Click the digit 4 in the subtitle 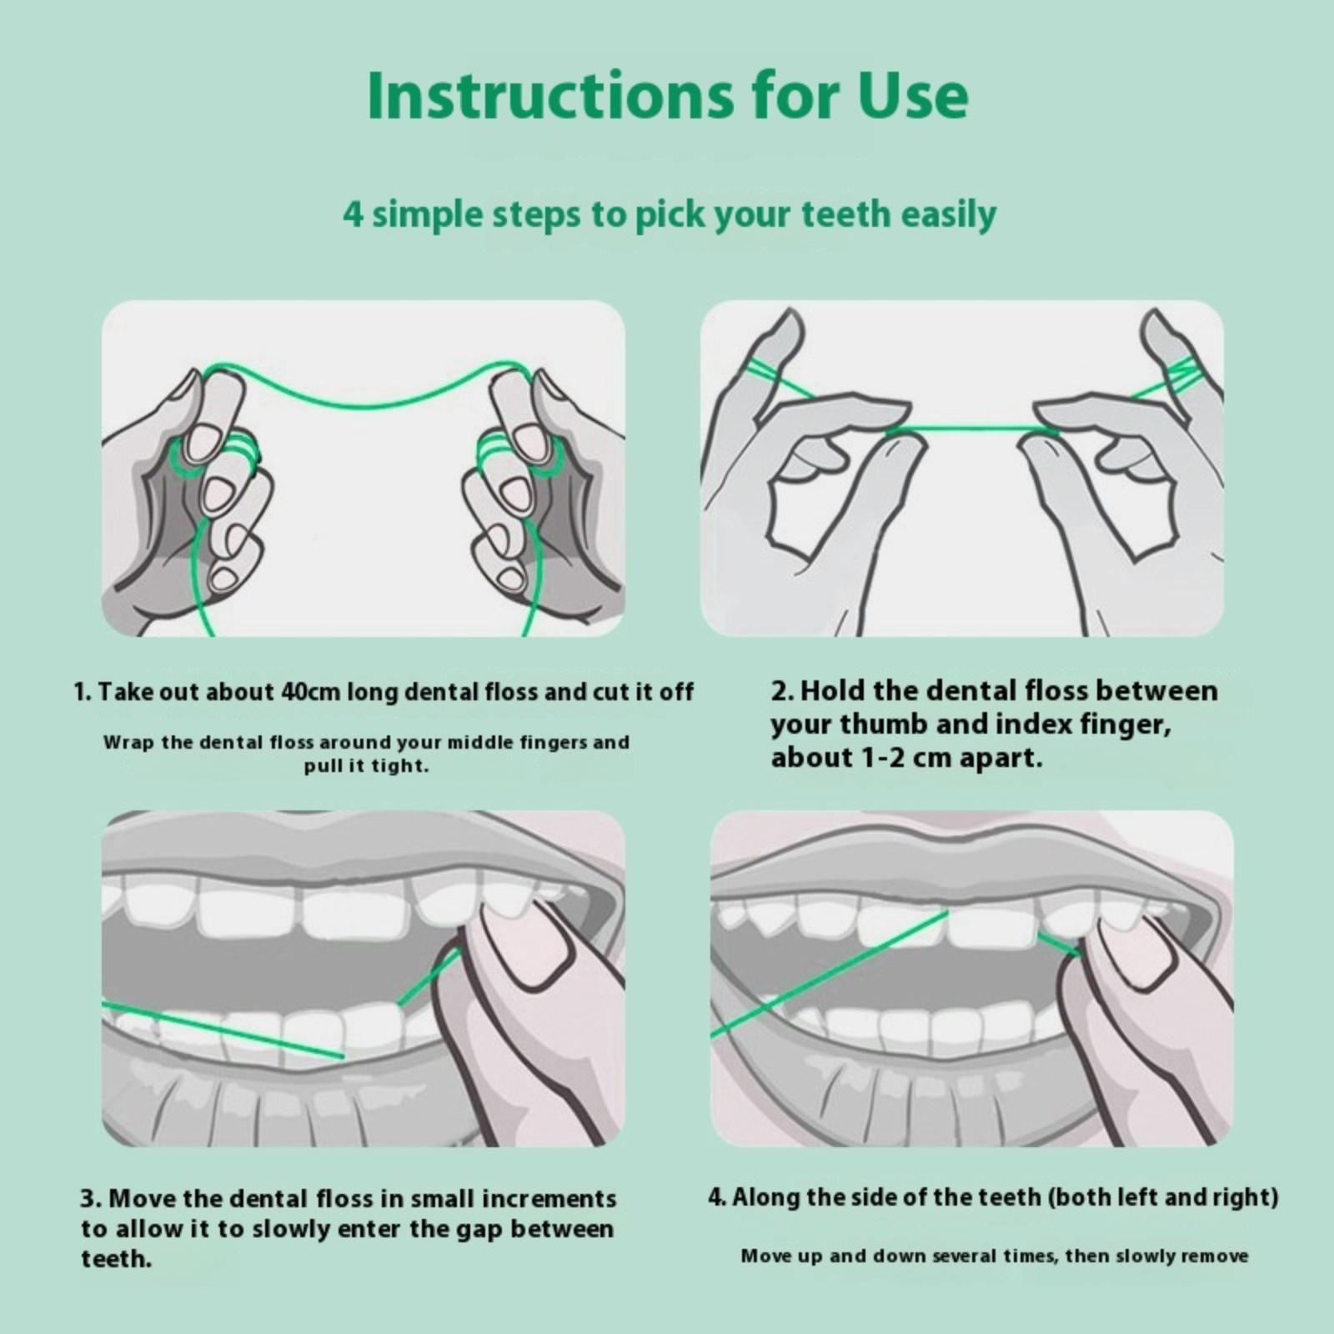click(354, 215)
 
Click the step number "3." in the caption click(92, 1199)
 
